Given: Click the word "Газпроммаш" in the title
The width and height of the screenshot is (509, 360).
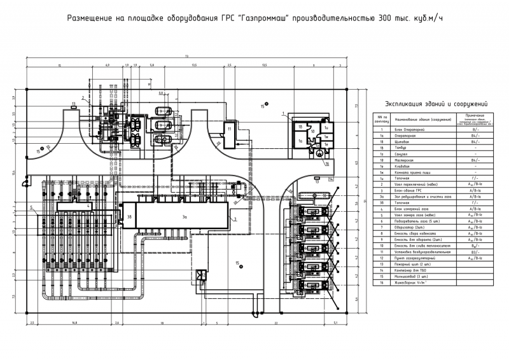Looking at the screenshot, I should tap(269, 18).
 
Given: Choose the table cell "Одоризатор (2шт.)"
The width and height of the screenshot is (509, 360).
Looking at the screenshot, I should tap(410, 226).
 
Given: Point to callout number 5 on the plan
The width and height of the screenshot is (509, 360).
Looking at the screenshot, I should tap(31, 207).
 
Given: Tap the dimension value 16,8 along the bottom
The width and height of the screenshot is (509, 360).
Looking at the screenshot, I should tap(74, 322).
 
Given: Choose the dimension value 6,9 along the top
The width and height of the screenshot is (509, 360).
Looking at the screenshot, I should tap(108, 65).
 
